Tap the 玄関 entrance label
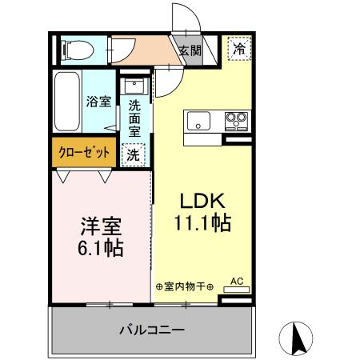pyautogui.click(x=190, y=50)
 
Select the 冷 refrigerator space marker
pyautogui.click(x=239, y=48)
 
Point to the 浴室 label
pyautogui.click(x=98, y=102)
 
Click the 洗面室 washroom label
pyautogui.click(x=134, y=114)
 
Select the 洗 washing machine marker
pyautogui.click(x=133, y=155)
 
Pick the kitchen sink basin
pyautogui.click(x=198, y=122)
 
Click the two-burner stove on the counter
pyautogui.click(x=236, y=121)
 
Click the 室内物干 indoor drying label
pyautogui.click(x=183, y=286)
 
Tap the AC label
pyautogui.click(x=237, y=281)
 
